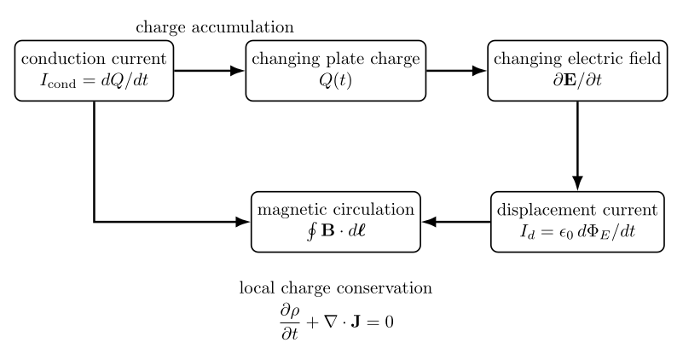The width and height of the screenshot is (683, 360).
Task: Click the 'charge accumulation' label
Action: [215, 27]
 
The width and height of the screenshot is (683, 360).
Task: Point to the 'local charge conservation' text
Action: [336, 288]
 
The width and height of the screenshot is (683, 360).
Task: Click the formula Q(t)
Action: [335, 81]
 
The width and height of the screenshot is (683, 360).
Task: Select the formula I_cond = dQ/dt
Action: [94, 81]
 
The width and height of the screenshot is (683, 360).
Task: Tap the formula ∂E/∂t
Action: [577, 80]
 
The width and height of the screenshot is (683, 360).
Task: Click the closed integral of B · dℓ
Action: [336, 231]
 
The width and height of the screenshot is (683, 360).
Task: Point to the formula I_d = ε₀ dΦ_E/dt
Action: [577, 231]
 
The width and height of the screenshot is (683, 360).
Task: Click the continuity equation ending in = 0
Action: [336, 322]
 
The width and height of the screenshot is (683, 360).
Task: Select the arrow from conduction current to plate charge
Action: [210, 71]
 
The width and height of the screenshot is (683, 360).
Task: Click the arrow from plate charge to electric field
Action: [456, 71]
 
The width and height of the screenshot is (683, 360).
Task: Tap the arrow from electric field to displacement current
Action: [577, 146]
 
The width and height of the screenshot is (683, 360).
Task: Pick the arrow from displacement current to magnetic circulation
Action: [456, 222]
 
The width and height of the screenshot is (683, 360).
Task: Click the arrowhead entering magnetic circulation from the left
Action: [243, 222]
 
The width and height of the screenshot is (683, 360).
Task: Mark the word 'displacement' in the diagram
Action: [547, 210]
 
